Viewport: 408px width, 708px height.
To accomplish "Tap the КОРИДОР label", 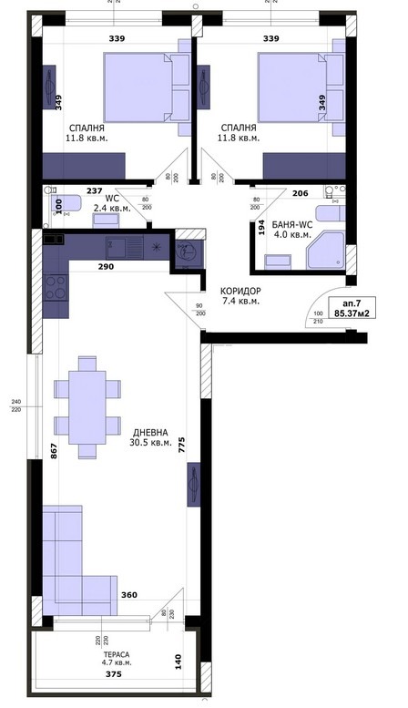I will pyautogui.click(x=240, y=292).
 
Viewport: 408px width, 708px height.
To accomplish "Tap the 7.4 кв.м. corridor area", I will pyautogui.click(x=240, y=302).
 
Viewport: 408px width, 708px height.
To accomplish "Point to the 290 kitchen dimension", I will pyautogui.click(x=107, y=268).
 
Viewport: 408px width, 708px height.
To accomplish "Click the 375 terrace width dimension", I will pyautogui.click(x=112, y=675).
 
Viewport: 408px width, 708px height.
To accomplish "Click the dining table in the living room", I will pyautogui.click(x=89, y=406).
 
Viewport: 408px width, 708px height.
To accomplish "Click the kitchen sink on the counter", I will pyautogui.click(x=120, y=247).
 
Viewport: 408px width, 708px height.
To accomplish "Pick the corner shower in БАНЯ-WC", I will pyautogui.click(x=325, y=251).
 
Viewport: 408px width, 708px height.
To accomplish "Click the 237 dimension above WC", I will pyautogui.click(x=94, y=191).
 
